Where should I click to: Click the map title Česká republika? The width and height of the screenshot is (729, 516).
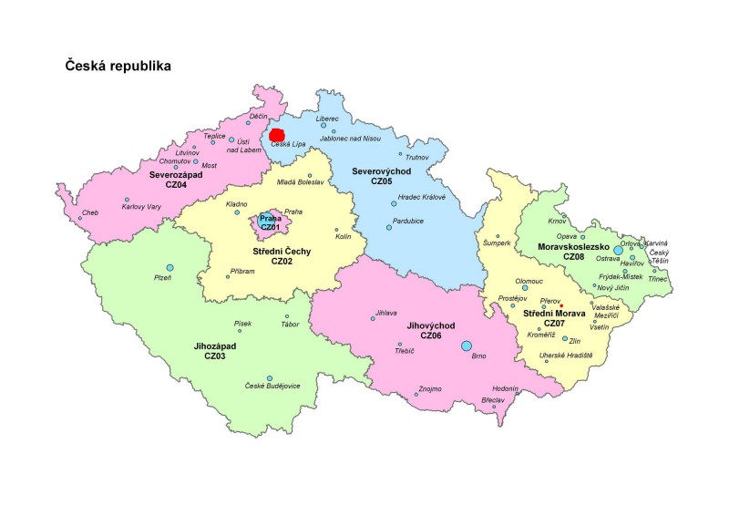point(118,67)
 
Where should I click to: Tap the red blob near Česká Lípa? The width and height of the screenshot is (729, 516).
point(278,135)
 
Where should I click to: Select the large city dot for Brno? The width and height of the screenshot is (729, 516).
point(467,346)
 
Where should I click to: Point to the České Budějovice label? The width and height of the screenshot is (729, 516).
point(273,387)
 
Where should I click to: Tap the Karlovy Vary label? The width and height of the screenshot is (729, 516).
point(141,208)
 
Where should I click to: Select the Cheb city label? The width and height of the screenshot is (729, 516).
point(90,213)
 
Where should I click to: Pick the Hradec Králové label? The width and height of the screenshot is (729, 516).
point(421,198)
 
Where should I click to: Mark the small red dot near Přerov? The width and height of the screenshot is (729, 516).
point(562,305)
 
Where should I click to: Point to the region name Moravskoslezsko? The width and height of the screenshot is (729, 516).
point(574,246)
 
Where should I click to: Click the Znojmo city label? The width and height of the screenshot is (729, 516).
point(430,389)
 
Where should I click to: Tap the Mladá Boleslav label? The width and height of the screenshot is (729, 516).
point(301,182)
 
